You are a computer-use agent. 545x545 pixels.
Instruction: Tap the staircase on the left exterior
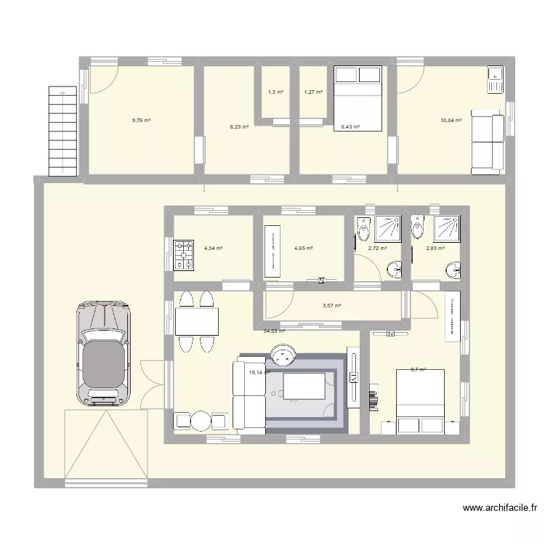(62, 130)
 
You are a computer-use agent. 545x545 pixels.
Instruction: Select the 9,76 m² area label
(141, 121)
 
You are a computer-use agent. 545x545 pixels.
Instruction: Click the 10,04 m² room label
(451, 121)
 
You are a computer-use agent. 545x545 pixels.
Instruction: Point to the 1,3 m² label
(275, 92)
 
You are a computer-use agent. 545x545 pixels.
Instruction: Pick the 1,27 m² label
(313, 92)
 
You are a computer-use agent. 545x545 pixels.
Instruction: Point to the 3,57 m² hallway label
(332, 306)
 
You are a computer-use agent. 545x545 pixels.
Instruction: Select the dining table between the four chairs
(196, 320)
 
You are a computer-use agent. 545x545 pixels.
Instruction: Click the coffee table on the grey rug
(304, 385)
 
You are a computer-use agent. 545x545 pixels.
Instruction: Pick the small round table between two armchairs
(199, 421)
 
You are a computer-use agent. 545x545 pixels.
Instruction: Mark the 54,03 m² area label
(274, 331)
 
